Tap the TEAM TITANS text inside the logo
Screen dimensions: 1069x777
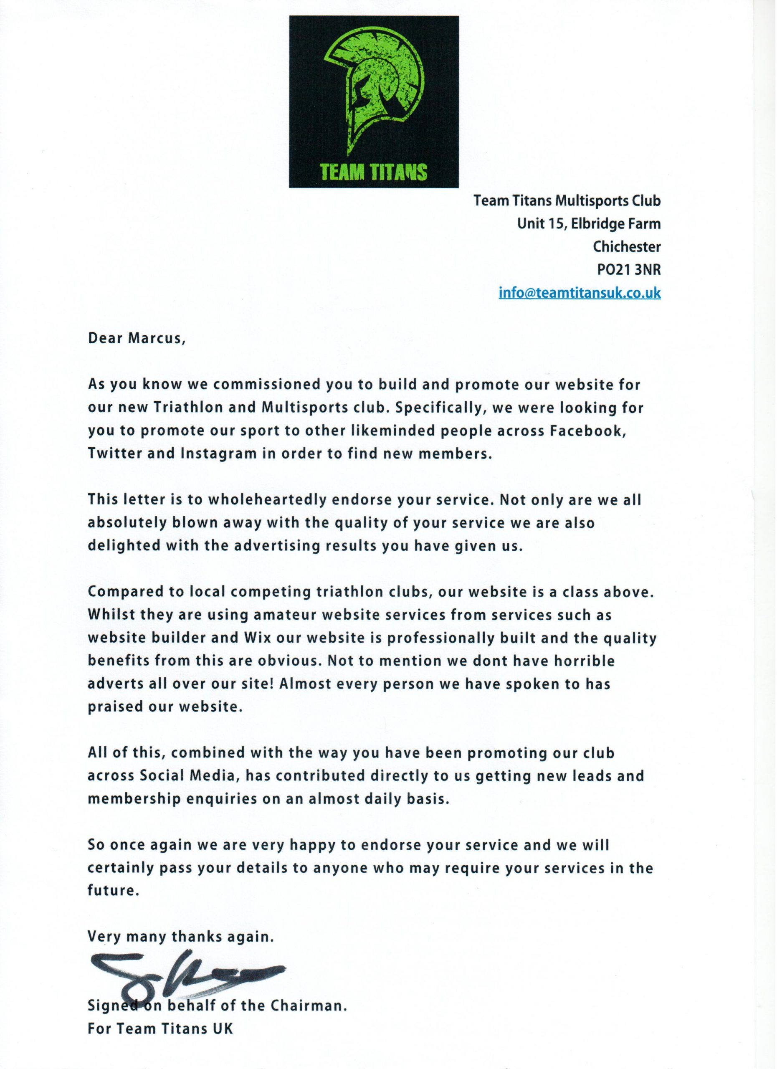coord(374,172)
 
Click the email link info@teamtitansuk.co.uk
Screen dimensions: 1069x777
coord(580,293)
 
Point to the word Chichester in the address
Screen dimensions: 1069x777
coord(627,246)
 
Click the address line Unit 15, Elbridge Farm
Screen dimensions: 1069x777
coord(589,223)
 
